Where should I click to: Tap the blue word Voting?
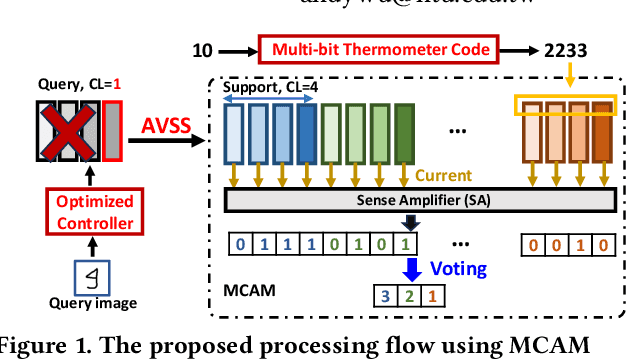[x=458, y=269]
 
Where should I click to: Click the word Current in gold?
[x=444, y=176]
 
